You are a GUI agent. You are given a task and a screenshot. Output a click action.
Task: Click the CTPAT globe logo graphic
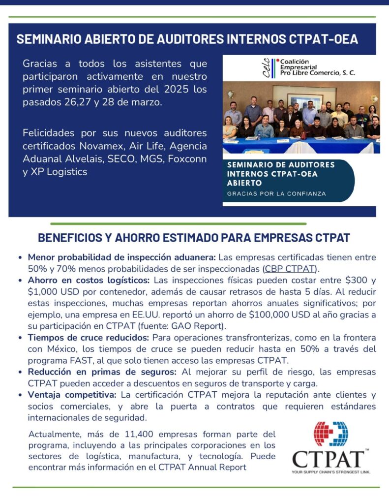331,434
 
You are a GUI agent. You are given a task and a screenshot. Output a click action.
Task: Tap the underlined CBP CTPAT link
290,268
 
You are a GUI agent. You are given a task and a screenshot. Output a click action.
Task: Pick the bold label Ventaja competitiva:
72,395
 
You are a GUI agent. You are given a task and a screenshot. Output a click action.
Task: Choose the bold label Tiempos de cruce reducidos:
89,338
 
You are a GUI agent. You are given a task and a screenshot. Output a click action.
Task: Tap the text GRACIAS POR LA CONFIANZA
276,193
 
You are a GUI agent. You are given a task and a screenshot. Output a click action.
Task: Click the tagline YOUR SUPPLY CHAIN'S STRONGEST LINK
330,472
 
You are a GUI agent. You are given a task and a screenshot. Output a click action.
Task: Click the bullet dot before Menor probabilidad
20,257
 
